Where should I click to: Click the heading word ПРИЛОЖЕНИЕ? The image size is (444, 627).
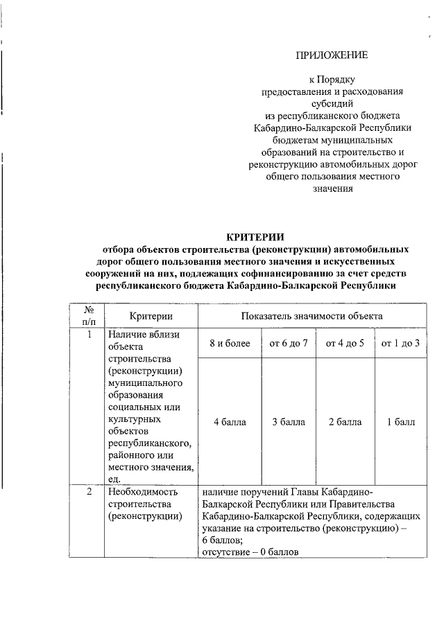click(x=331, y=54)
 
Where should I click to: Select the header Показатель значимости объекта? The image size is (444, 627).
click(x=312, y=316)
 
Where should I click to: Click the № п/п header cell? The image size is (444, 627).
click(x=89, y=316)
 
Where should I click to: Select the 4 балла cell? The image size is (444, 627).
click(x=230, y=422)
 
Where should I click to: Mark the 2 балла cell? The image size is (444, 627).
click(x=345, y=422)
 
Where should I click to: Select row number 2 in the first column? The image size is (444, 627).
click(x=89, y=492)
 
